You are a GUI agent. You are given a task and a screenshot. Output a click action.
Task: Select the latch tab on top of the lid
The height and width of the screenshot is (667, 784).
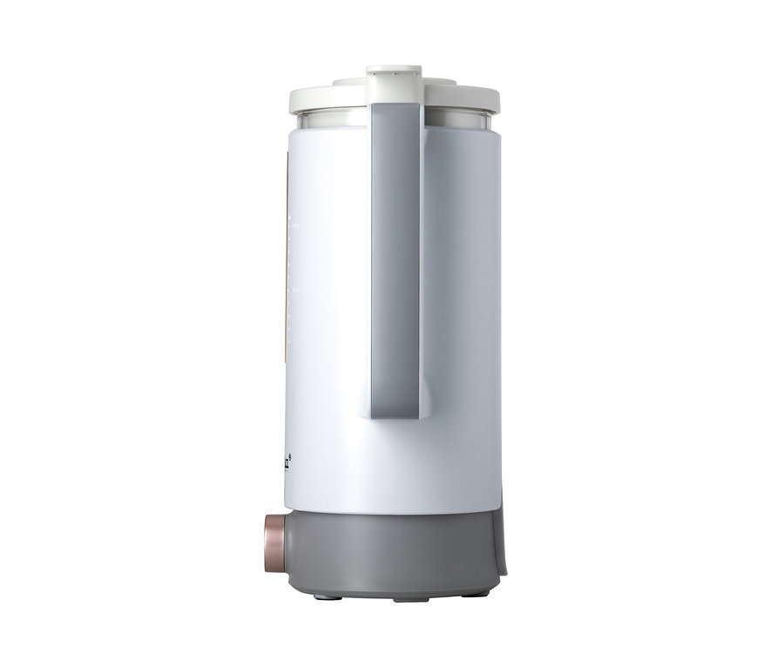point(394,76)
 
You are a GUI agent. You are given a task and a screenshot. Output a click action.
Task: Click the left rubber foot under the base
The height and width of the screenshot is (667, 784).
point(322,596)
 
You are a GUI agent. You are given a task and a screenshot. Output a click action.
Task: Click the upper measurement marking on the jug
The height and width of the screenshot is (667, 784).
point(295,226)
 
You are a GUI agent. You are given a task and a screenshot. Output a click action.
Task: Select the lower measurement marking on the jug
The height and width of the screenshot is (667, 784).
point(295,290)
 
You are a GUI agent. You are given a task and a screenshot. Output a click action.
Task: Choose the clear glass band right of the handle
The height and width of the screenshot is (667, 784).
point(462,120)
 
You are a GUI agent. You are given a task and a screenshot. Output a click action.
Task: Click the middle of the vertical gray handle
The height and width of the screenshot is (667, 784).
point(396,261)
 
